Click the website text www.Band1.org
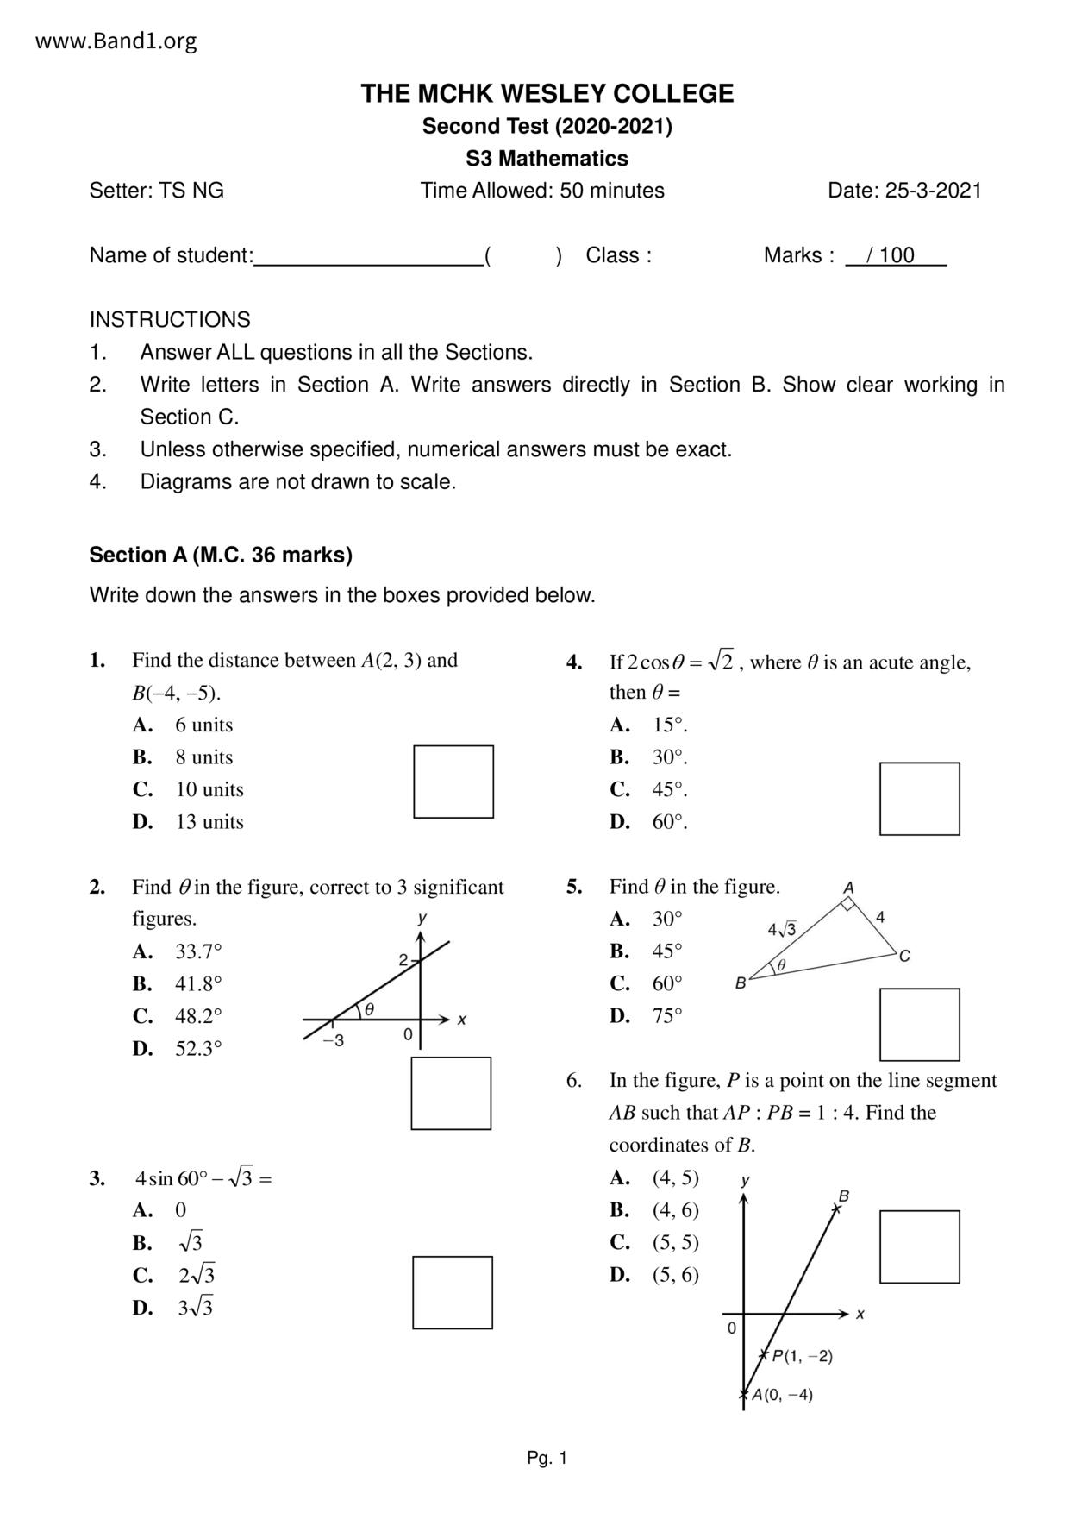(116, 41)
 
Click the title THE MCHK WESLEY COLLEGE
(547, 93)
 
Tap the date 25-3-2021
(904, 191)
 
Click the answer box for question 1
(453, 782)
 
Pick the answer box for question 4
(919, 799)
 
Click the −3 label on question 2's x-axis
(334, 1040)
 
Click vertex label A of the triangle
(848, 887)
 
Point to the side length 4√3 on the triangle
(782, 929)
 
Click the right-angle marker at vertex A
(848, 904)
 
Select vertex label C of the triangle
(904, 956)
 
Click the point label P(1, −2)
(802, 1356)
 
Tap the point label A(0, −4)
(782, 1394)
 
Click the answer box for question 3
(453, 1292)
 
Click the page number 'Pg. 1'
(547, 1459)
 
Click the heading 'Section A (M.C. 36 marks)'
(221, 555)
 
